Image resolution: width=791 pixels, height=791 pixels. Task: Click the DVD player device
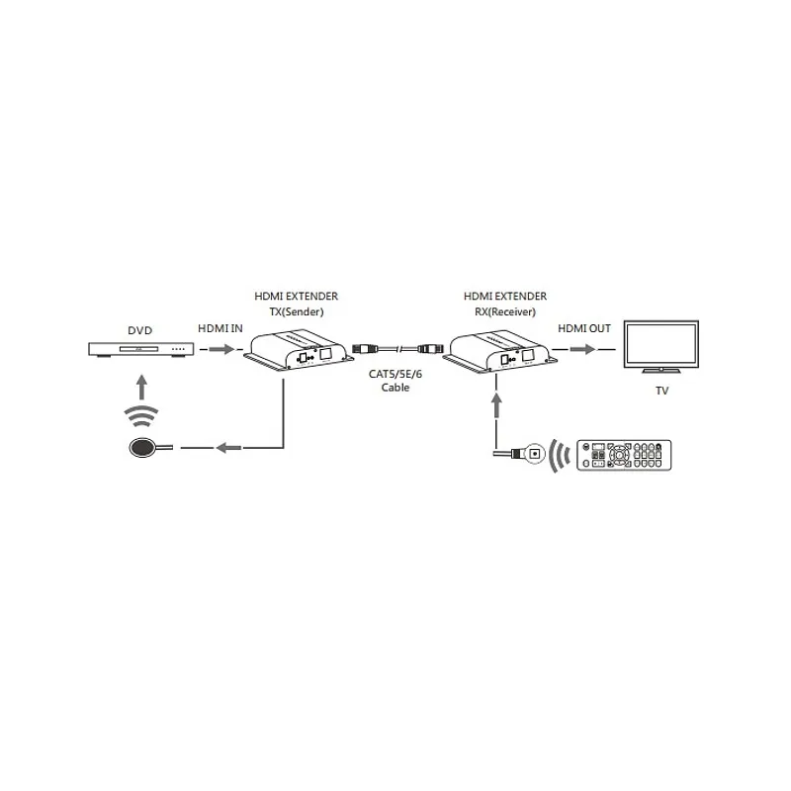coord(140,349)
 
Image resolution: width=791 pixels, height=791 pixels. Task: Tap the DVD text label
coord(139,330)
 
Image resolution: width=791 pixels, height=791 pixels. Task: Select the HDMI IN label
coord(220,328)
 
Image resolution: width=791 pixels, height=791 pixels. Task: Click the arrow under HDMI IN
coord(221,349)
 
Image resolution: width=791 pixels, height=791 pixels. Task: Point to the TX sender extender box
coord(299,351)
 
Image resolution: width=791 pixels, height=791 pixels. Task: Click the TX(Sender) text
coord(296,311)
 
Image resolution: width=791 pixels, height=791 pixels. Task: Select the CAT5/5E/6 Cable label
coord(395,381)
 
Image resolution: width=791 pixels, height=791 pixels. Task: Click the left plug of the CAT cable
coord(365,348)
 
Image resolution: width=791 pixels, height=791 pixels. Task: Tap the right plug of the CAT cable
coord(430,348)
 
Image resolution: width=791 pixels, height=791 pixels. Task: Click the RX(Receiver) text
coord(505,311)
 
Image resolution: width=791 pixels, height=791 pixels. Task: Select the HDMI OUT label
coord(584,328)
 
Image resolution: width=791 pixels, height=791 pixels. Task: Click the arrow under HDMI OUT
coord(582,349)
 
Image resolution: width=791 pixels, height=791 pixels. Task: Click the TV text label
coord(661,391)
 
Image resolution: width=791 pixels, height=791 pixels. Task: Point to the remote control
coord(624,455)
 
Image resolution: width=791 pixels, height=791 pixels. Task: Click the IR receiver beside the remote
coord(534,454)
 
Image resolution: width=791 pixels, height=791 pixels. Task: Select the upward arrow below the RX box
coord(497,405)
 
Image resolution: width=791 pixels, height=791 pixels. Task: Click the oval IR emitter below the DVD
coord(142,448)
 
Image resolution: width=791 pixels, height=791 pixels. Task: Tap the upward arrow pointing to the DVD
coord(142,387)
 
